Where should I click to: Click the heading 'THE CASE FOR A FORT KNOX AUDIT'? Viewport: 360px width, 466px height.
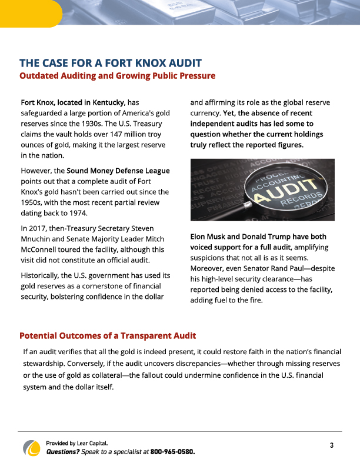click(111, 63)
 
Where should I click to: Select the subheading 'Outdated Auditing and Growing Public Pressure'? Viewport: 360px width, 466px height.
click(117, 76)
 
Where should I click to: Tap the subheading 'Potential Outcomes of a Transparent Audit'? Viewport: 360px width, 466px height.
click(108, 336)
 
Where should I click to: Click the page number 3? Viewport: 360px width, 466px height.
click(332, 445)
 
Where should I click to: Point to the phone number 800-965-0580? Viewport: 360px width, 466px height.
click(172, 452)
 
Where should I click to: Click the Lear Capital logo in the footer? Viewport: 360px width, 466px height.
click(31, 448)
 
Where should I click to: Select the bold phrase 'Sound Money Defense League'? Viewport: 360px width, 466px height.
click(118, 171)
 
